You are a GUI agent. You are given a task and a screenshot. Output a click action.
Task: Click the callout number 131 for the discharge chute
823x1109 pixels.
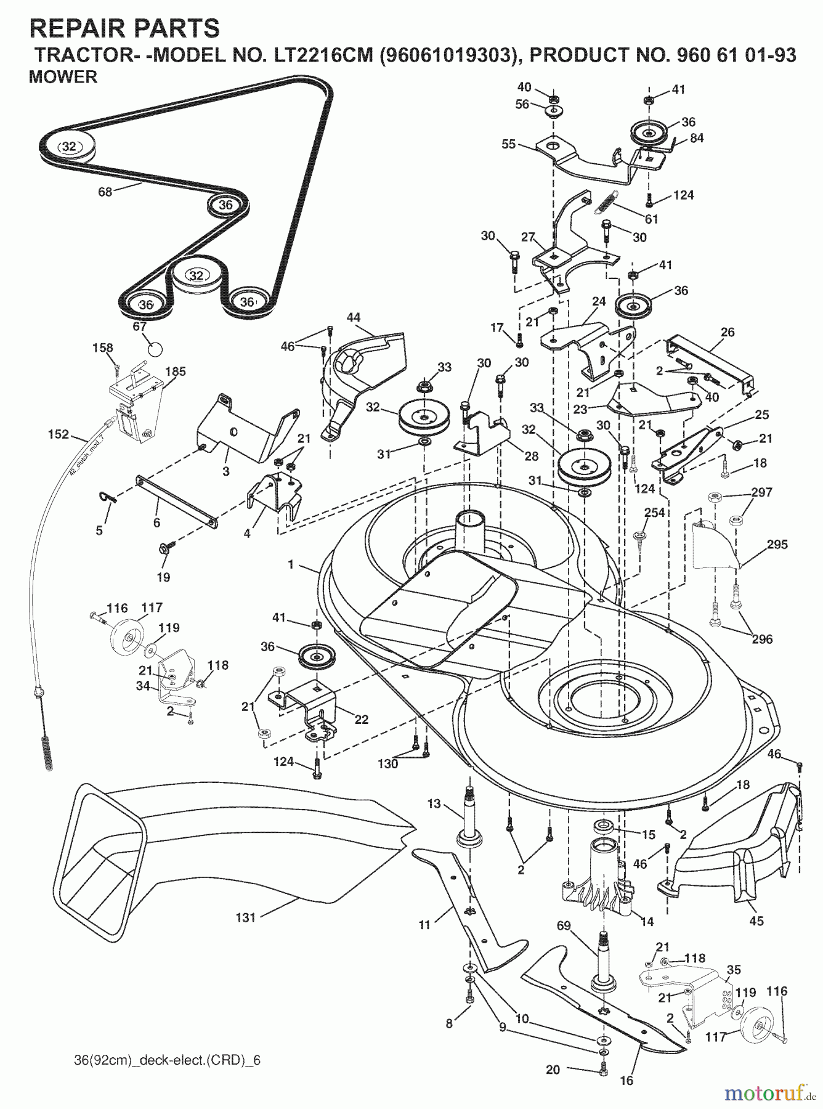point(245,917)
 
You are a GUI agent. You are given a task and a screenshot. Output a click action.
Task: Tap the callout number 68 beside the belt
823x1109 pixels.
point(105,192)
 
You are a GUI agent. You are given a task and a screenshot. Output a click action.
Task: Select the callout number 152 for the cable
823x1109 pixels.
point(59,434)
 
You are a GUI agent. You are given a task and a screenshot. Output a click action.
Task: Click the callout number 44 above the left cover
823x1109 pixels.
point(353,317)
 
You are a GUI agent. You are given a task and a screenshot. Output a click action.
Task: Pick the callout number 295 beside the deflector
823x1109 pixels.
point(777,545)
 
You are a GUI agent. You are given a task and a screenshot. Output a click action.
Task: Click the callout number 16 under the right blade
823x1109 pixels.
point(626,1080)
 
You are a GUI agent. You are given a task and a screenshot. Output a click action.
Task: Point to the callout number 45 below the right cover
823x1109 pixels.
point(756,920)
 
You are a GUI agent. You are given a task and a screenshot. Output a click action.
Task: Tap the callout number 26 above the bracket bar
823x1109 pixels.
point(728,333)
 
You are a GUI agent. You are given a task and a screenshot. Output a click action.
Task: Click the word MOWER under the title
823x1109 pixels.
point(62,77)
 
